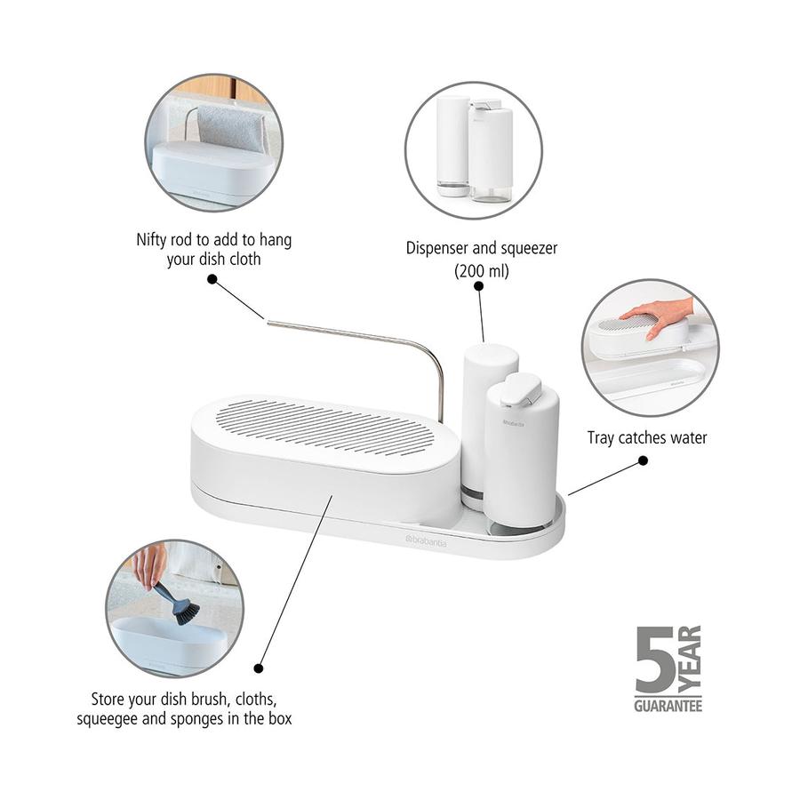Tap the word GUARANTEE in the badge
pyautogui.click(x=668, y=707)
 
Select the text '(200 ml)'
pyautogui.click(x=481, y=271)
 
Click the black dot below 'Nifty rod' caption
pyautogui.click(x=212, y=278)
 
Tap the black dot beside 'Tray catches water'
pyautogui.click(x=643, y=461)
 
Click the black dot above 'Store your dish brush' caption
pyautogui.click(x=258, y=667)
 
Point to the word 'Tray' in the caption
pyautogui.click(x=602, y=437)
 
